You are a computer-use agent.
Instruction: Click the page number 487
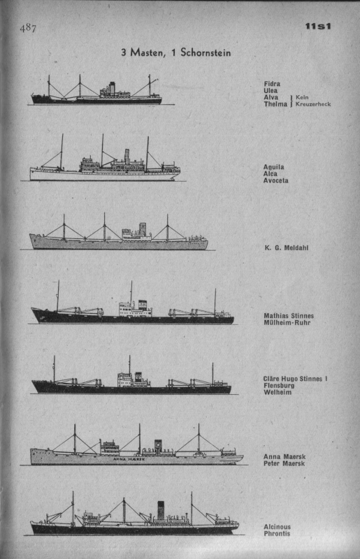pos(28,28)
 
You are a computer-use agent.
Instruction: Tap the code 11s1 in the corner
pos(318,26)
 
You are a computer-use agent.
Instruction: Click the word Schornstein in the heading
pos(206,52)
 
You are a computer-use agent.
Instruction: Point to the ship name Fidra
pos(272,84)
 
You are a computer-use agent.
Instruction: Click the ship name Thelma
pos(275,104)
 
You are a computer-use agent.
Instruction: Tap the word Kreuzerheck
pos(313,104)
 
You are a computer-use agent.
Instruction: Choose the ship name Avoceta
pos(276,180)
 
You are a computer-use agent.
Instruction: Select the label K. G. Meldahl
pos(287,248)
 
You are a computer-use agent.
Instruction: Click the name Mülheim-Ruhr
pos(287,323)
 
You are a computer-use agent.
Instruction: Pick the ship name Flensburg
pos(279,386)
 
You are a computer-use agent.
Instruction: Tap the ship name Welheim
pos(278,392)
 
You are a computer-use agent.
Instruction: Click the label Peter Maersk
pos(285,463)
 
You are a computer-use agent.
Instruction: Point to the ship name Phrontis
pos(277,533)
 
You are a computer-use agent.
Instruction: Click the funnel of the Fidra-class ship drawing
pos(112,87)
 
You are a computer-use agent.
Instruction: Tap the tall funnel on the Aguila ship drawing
pos(127,157)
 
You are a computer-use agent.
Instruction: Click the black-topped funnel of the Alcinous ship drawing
pos(161,510)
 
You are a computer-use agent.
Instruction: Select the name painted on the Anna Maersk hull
pos(129,460)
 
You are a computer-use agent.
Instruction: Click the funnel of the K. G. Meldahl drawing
pos(143,229)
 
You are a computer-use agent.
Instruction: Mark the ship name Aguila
pos(274,167)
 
